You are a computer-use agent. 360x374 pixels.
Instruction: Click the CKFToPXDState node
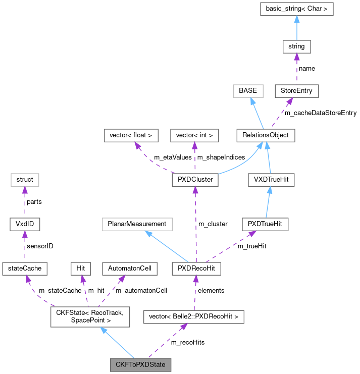(141, 364)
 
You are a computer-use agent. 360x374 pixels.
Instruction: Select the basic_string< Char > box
(296, 9)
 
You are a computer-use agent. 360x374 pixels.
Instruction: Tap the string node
(296, 46)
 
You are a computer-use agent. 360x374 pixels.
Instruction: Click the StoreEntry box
(296, 91)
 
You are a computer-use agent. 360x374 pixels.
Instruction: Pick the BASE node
(248, 91)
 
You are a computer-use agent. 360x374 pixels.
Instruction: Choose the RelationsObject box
(266, 135)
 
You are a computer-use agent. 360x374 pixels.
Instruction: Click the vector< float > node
(131, 135)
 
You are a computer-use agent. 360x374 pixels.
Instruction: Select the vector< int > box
(194, 135)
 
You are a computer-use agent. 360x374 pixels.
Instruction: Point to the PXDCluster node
(194, 180)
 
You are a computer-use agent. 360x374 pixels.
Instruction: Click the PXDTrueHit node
(265, 224)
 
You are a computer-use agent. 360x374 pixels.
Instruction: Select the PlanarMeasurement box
(137, 224)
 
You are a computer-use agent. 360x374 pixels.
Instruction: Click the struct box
(25, 180)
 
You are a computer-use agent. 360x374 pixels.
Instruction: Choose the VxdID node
(25, 224)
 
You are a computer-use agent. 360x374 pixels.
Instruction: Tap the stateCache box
(25, 269)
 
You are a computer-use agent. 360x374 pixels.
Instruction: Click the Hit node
(80, 269)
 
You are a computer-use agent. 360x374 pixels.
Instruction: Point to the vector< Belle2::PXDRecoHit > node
(194, 317)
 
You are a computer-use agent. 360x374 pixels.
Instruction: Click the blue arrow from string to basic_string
(296, 28)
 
